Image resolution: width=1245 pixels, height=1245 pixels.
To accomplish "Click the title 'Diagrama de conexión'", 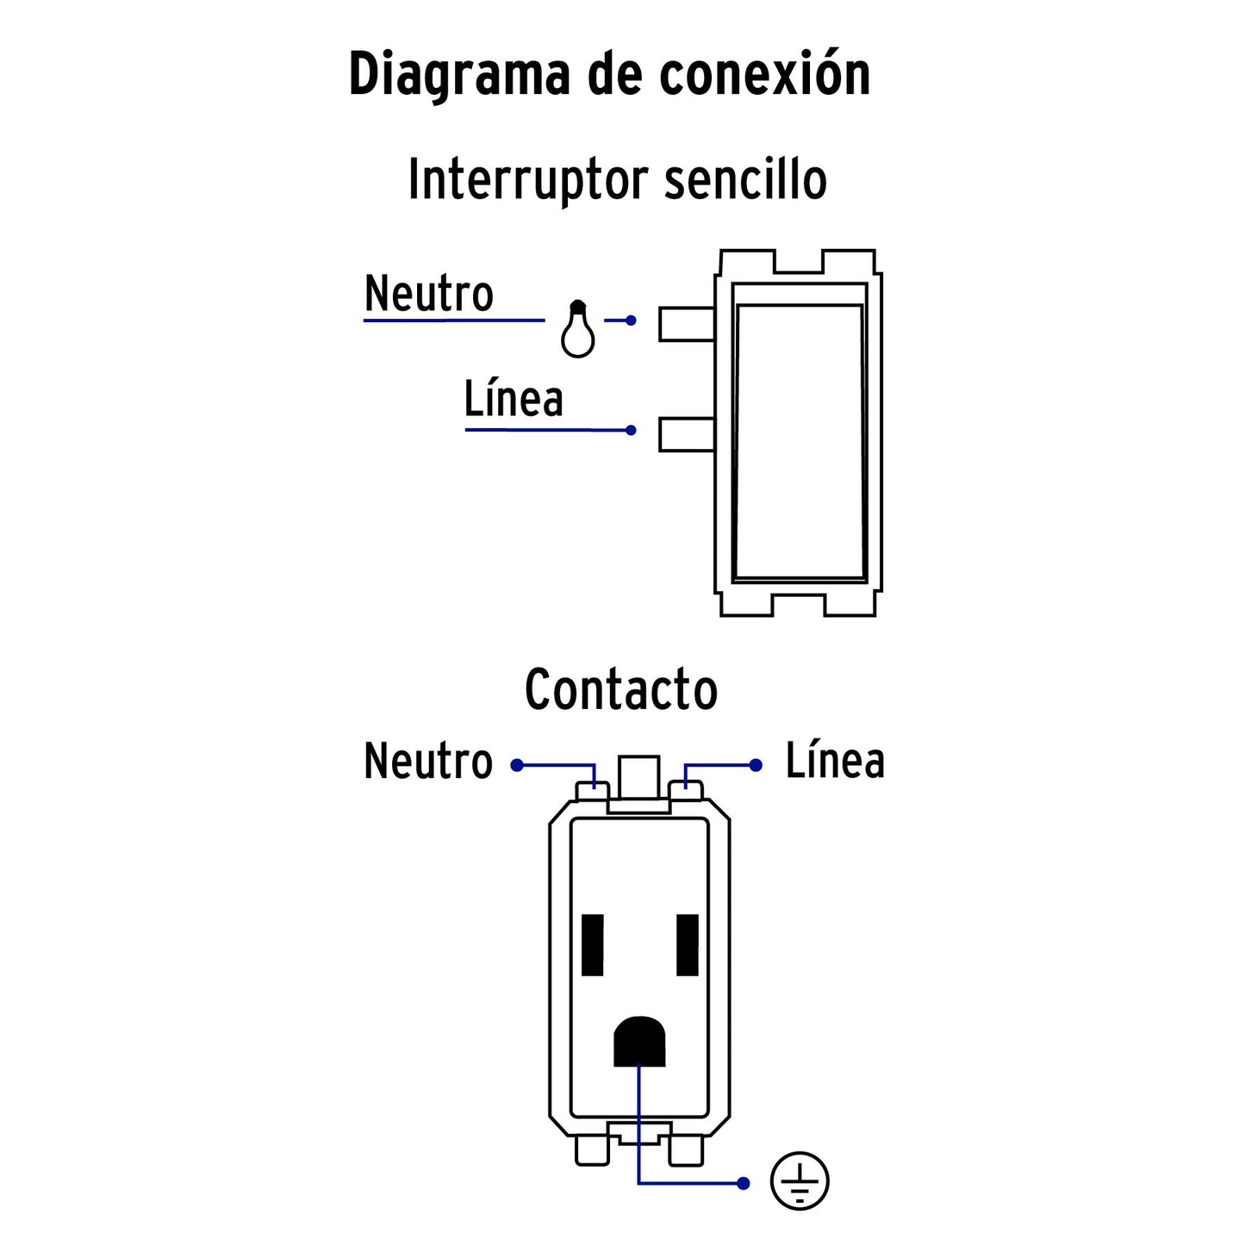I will pos(609,74).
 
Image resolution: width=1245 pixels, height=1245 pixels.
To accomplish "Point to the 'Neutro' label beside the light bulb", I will pos(428,294).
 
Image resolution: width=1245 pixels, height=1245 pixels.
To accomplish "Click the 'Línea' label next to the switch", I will pos(514,399).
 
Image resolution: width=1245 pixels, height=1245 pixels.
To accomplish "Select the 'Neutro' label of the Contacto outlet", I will pos(428,762).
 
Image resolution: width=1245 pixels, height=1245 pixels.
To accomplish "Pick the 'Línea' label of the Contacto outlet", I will pos(834,762).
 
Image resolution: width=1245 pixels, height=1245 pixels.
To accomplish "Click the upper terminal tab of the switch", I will pos(686,324).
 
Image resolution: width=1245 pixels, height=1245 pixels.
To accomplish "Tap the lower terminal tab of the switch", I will pos(686,434).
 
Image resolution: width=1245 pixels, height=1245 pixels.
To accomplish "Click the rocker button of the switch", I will pos(799,441).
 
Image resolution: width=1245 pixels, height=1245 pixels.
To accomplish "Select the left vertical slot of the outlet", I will pos(593,944).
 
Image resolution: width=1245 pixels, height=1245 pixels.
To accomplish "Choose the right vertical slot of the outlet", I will pos(688,944).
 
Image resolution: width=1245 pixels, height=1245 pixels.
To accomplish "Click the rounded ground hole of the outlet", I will pos(639,1042).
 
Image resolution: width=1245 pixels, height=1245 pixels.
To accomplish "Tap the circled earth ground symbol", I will pos(800,1181).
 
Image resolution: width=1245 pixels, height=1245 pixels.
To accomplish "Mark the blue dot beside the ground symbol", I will pos(744,1183).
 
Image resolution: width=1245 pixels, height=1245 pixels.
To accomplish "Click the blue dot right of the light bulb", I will pos(631,321).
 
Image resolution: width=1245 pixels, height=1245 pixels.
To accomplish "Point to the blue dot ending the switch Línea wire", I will pos(631,430).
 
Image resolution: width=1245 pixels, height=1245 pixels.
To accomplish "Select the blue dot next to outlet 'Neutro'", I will pos(517,765).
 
